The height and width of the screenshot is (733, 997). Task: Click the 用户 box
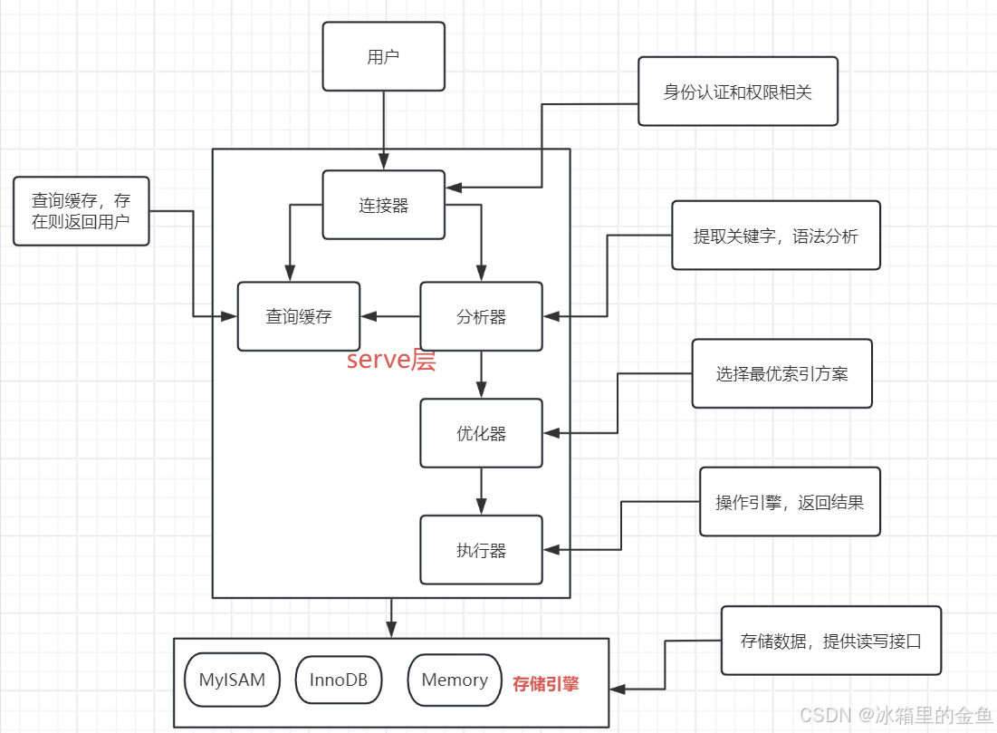384,56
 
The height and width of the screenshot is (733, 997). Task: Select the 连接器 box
384,205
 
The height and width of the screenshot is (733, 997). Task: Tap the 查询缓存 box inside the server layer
299,316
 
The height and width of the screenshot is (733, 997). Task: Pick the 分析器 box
481,316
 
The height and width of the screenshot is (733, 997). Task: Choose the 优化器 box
481,433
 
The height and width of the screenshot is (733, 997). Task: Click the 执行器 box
481,550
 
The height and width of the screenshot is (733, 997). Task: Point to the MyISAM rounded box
233,680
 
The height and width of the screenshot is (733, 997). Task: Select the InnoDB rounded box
339,680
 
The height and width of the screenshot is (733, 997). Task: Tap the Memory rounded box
455,680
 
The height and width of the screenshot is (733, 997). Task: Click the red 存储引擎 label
545,684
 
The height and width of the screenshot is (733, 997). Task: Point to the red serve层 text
391,361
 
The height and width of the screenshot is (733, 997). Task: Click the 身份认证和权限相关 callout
738,92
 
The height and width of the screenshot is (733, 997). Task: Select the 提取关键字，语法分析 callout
775,236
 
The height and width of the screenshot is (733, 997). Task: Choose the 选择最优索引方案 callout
781,373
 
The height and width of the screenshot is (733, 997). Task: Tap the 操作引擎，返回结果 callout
790,502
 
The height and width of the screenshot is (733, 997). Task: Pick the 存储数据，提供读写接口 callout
830,641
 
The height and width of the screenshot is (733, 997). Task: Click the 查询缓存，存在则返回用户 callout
81,211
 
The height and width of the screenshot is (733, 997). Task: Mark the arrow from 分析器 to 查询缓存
390,316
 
